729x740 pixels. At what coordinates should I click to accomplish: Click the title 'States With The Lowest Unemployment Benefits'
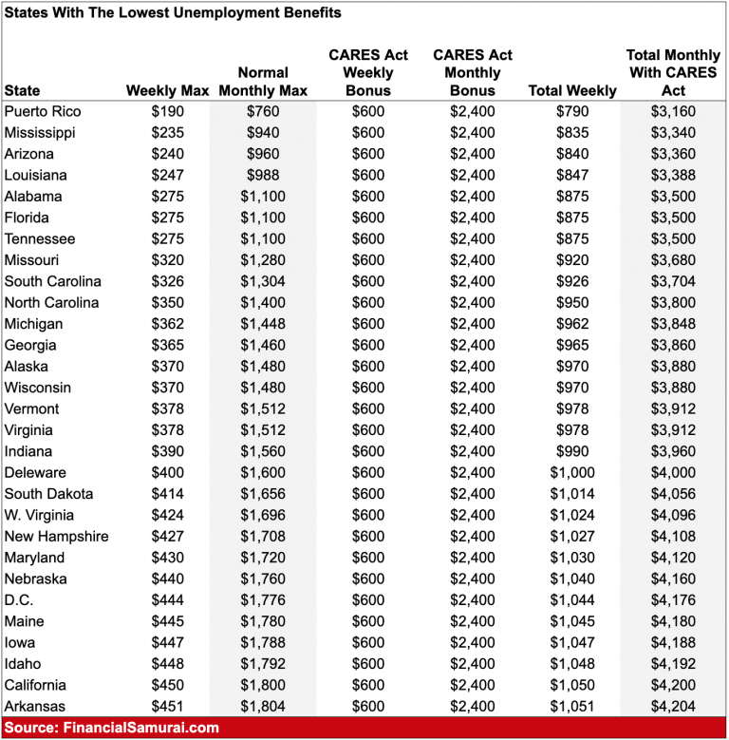click(x=173, y=13)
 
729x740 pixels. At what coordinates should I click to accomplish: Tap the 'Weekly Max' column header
click(x=167, y=91)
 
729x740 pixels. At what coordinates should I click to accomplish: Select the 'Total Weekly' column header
click(x=572, y=91)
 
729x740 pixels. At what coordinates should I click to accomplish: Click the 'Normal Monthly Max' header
click(x=263, y=82)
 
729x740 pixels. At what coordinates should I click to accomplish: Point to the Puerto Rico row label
click(x=43, y=112)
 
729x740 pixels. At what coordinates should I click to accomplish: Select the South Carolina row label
click(x=52, y=282)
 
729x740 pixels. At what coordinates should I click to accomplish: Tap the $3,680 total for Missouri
click(x=674, y=260)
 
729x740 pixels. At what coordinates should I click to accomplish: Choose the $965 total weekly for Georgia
click(x=572, y=346)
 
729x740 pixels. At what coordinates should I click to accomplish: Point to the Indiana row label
click(x=29, y=452)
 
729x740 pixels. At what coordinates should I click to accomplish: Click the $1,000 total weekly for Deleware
click(x=572, y=473)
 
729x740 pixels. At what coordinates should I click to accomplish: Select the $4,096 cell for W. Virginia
click(x=674, y=516)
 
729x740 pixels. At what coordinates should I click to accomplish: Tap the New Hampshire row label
click(x=56, y=537)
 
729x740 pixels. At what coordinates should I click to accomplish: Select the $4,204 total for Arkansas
click(x=674, y=707)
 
